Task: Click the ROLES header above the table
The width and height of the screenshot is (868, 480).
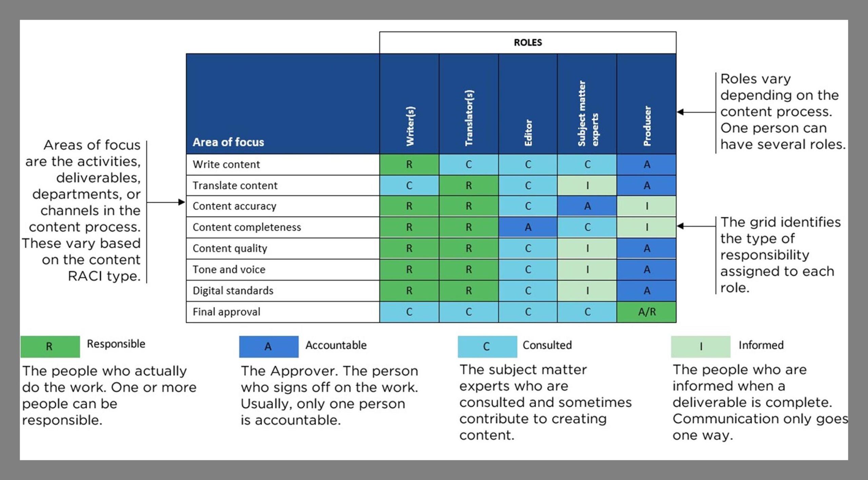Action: (528, 42)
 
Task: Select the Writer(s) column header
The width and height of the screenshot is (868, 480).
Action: (410, 126)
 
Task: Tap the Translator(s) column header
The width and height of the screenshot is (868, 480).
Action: (469, 118)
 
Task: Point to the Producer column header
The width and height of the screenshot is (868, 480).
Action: (647, 126)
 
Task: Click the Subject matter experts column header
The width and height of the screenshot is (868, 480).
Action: (588, 113)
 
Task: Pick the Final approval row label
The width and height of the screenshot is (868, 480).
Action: (226, 312)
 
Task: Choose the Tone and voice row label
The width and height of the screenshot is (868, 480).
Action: (229, 269)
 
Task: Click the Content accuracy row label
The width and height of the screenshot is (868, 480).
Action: (234, 206)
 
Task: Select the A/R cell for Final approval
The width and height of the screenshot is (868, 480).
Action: (647, 312)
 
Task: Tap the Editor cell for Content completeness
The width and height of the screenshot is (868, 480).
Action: (528, 227)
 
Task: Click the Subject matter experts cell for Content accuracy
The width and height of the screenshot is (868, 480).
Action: (587, 206)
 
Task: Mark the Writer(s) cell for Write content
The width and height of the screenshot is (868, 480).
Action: (409, 164)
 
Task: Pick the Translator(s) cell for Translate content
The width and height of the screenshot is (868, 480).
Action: (469, 185)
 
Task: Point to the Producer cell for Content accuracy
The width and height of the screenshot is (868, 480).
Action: (647, 206)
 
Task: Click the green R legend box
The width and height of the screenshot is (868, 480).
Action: (50, 347)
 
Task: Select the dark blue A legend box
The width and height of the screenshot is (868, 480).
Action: (269, 347)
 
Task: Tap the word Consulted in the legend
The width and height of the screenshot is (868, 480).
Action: (547, 345)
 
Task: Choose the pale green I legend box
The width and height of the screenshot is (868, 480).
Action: (701, 347)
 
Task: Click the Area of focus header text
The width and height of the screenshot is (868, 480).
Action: (228, 142)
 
